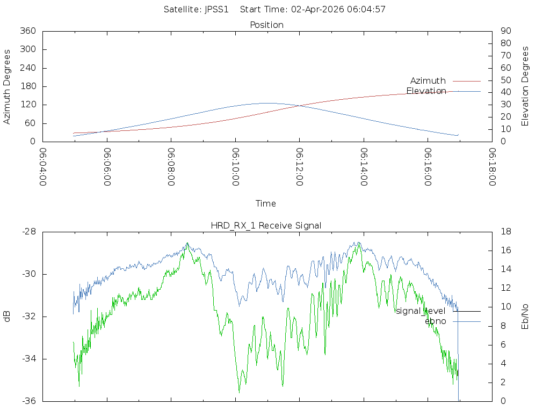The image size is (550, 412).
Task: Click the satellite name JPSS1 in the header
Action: pos(217,9)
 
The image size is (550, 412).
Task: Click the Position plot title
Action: pos(267,25)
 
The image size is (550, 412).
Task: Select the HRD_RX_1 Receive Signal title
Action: pos(266,225)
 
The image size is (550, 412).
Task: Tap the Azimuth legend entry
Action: pos(428,80)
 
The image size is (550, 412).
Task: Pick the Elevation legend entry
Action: pos(426,91)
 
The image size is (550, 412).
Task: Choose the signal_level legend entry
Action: pos(421,311)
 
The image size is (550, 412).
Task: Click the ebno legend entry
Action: pos(435,321)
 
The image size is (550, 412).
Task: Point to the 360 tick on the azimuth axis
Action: pos(27,31)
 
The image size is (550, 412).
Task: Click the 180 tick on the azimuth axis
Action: pos(27,86)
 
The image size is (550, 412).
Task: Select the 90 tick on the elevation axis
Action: pos(505,31)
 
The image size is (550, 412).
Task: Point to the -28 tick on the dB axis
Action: pos(29,232)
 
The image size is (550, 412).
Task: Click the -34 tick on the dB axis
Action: pos(29,359)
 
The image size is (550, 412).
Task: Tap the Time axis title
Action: pos(266,203)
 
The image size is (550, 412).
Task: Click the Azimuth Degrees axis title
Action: pos(8,86)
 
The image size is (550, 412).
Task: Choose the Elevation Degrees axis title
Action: pos(525,86)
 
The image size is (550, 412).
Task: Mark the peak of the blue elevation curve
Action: pos(267,103)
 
